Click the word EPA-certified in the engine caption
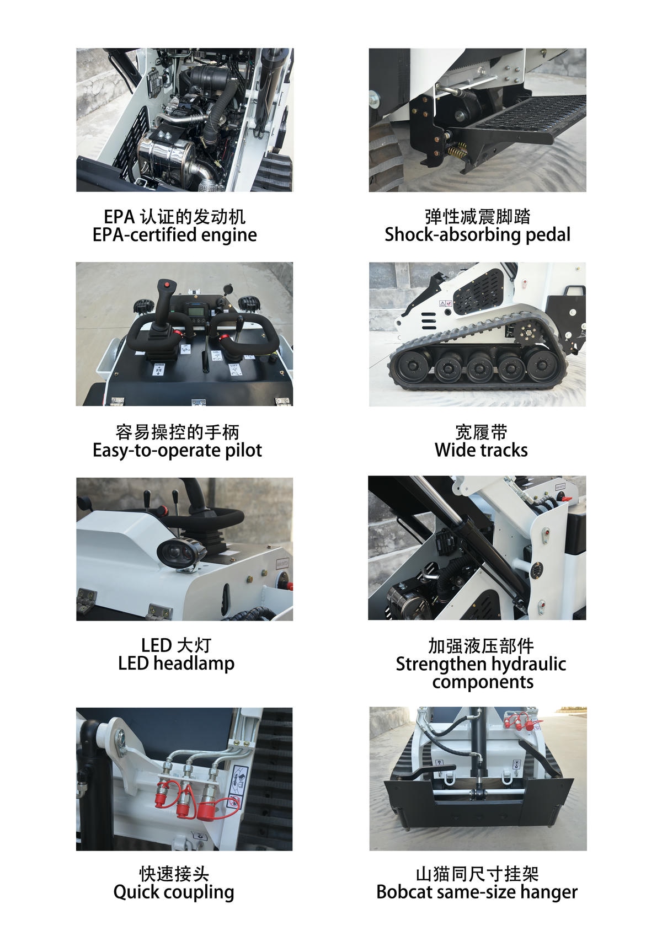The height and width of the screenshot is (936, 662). click(x=144, y=235)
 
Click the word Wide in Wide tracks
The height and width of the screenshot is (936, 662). click(x=453, y=450)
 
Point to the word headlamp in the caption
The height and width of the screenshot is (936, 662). click(x=194, y=663)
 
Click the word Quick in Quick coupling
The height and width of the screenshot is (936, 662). click(x=133, y=892)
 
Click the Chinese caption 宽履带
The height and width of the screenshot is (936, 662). click(x=481, y=432)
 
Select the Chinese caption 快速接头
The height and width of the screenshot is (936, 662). click(x=174, y=874)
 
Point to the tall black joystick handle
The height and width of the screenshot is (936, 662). click(x=164, y=301)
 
